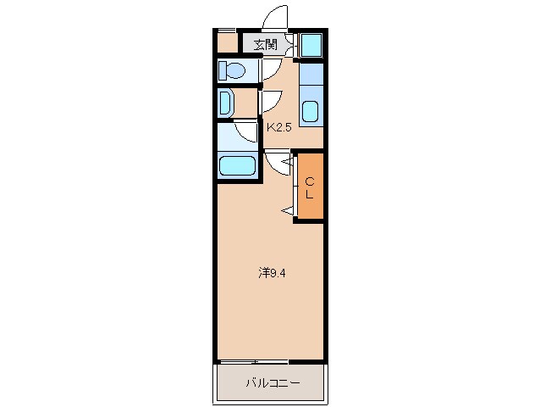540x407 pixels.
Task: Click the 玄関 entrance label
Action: tap(265, 44)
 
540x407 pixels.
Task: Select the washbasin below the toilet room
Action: tap(226, 103)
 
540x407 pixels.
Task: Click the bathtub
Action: tap(236, 165)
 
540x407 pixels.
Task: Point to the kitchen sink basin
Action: tap(311, 111)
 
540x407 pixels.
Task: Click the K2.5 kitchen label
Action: tap(281, 127)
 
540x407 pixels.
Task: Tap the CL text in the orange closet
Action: tap(310, 187)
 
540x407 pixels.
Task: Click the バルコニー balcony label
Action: tap(272, 383)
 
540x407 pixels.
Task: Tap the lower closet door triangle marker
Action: tap(286, 209)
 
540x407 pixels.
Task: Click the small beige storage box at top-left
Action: tap(226, 42)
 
